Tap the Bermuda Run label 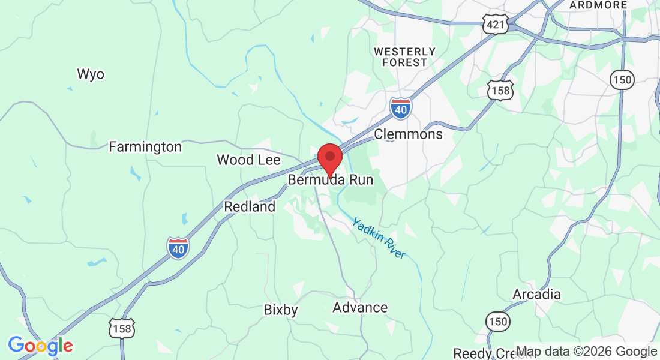pyautogui.click(x=331, y=180)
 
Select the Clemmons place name pyautogui.click(x=408, y=134)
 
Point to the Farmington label pyautogui.click(x=145, y=147)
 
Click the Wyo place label pyautogui.click(x=91, y=74)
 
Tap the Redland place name pyautogui.click(x=250, y=207)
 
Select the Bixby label pyautogui.click(x=281, y=310)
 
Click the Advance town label pyautogui.click(x=360, y=308)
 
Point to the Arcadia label pyautogui.click(x=536, y=295)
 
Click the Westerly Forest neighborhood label pyautogui.click(x=404, y=57)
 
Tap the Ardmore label pyautogui.click(x=598, y=5)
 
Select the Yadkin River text pyautogui.click(x=379, y=238)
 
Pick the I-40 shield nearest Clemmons pyautogui.click(x=401, y=108)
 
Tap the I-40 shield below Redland pyautogui.click(x=178, y=248)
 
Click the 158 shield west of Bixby pyautogui.click(x=122, y=328)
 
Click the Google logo pyautogui.click(x=40, y=346)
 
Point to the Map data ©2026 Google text pyautogui.click(x=586, y=352)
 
